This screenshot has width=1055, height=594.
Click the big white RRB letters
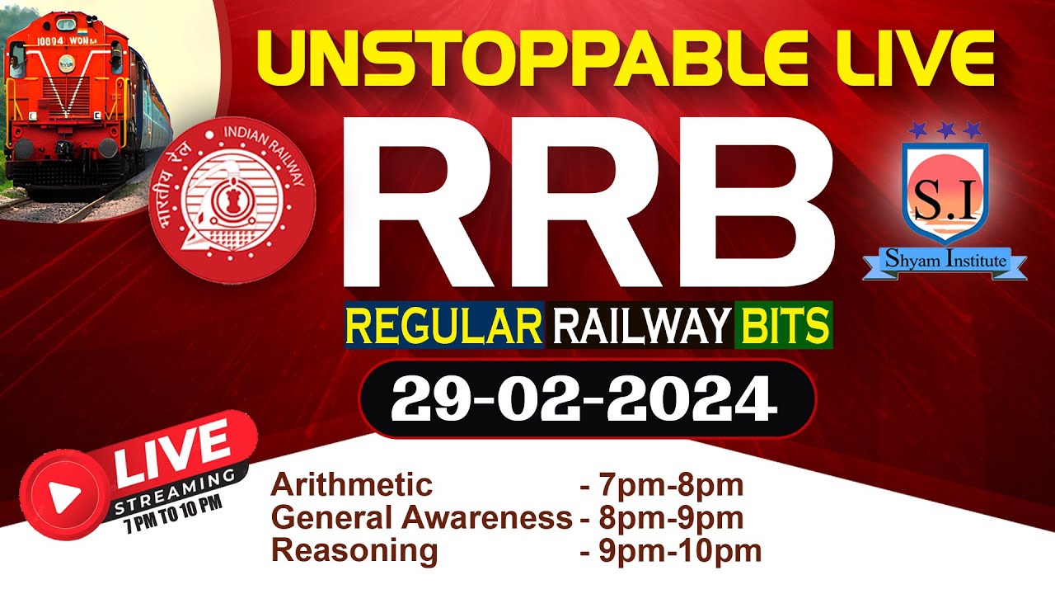point(588,201)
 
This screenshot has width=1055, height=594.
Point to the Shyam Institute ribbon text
point(945,262)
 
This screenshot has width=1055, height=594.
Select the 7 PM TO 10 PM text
point(172,502)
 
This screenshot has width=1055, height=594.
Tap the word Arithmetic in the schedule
point(351,485)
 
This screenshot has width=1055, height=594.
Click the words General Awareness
point(421,518)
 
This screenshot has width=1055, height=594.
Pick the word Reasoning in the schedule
point(354,550)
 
